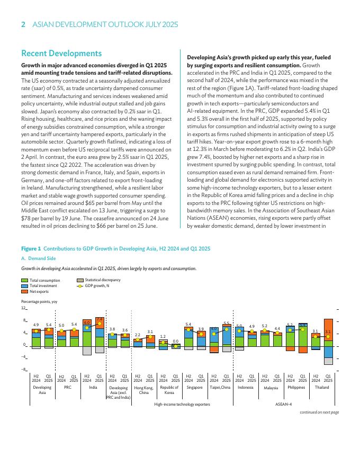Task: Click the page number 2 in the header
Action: click(23, 24)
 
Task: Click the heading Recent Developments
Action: click(61, 53)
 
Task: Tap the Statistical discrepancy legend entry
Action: click(103, 280)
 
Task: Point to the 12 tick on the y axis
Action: click(23, 308)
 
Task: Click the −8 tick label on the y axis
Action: click(23, 369)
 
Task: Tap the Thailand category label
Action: click(322, 388)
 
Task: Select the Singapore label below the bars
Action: click(195, 388)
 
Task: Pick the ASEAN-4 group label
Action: click(284, 404)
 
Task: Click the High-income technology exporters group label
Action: click(182, 404)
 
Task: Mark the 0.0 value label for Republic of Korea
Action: click(175, 341)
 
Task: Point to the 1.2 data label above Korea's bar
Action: click(163, 336)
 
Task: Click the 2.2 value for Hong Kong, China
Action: click(138, 335)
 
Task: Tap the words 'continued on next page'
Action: click(319, 412)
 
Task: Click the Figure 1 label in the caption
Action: click(31, 248)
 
